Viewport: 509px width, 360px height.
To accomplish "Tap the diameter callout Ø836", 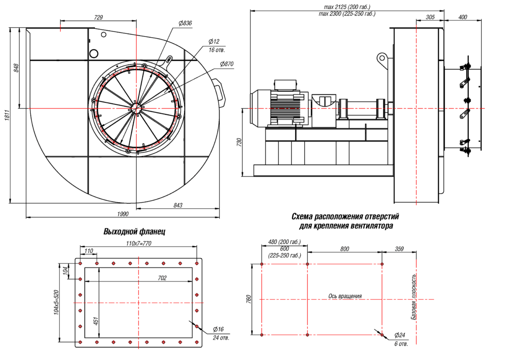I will (x=185, y=23).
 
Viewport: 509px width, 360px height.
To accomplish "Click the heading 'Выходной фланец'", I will (x=134, y=232).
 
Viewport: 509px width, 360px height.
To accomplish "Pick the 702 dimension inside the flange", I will (x=162, y=277).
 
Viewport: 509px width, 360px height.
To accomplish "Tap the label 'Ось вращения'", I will (x=345, y=296).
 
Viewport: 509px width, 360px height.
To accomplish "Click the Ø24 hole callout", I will (x=400, y=335).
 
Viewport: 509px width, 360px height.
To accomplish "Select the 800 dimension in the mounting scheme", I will (x=345, y=249).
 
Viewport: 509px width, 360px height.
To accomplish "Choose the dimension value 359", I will (x=399, y=249).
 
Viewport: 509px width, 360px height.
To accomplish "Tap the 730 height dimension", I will (x=240, y=142).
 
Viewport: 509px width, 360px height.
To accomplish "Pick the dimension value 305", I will (x=430, y=17).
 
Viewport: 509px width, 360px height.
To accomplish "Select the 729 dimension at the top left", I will (x=98, y=17).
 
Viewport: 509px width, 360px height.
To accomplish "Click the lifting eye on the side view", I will (x=382, y=58).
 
